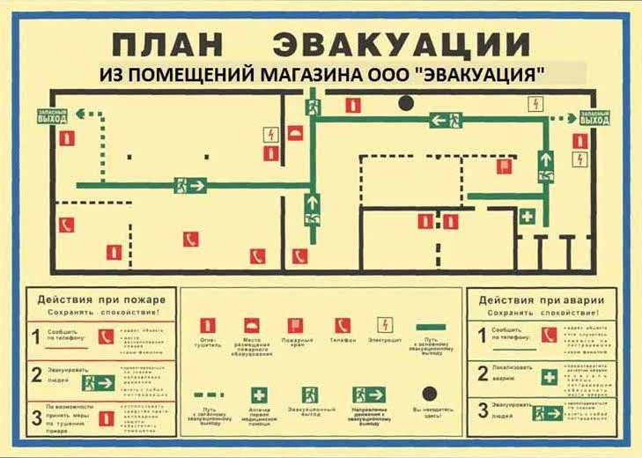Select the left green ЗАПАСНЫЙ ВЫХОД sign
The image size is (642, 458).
click(51, 115)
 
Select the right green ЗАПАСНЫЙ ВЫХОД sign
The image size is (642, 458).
click(594, 117)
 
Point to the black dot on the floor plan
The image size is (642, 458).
click(405, 103)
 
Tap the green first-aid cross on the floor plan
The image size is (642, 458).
click(527, 215)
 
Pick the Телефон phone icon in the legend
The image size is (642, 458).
click(343, 325)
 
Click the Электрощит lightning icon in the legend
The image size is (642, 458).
click(386, 324)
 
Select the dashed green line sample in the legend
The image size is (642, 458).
click(209, 395)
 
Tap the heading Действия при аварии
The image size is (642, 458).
click(539, 299)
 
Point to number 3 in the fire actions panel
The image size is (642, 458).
click(35, 412)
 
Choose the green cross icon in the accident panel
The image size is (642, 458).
click(549, 376)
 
